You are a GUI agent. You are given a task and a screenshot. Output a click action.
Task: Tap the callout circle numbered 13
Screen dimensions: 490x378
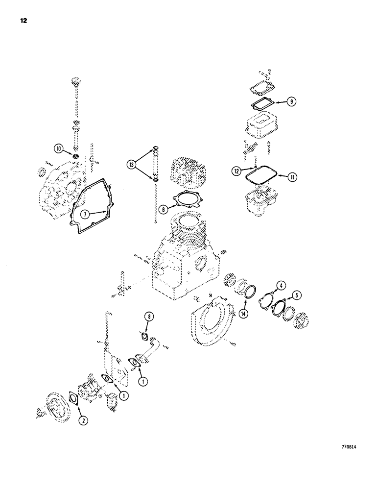131,165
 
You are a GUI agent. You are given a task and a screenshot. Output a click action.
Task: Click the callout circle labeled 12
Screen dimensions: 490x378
237,171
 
